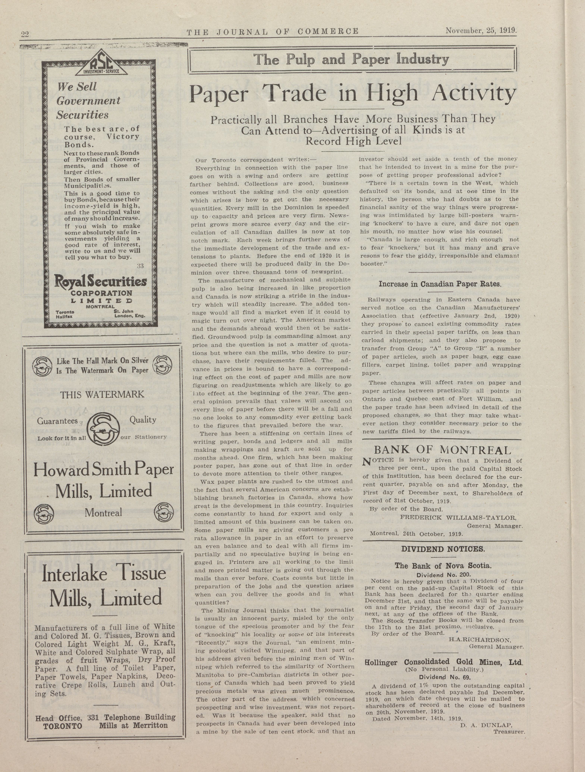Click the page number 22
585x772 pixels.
(24, 34)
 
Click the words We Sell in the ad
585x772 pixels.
(77, 86)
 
